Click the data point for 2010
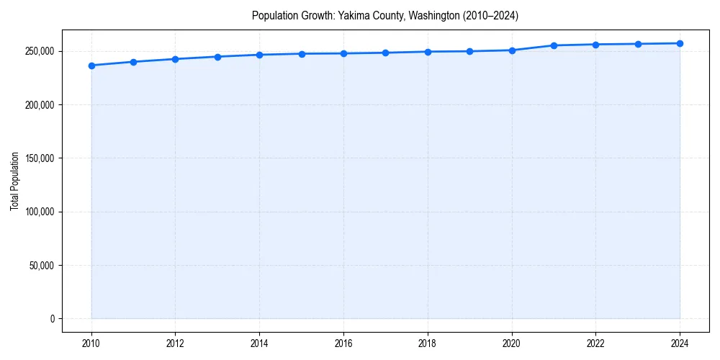pyautogui.click(x=91, y=66)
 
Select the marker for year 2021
pyautogui.click(x=554, y=45)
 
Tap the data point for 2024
pyautogui.click(x=680, y=43)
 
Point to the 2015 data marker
pyautogui.click(x=302, y=54)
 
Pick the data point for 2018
pyautogui.click(x=428, y=52)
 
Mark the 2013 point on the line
pyautogui.click(x=217, y=57)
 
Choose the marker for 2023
pyautogui.click(x=638, y=44)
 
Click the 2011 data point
pyautogui.click(x=133, y=62)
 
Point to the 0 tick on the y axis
pyautogui.click(x=53, y=319)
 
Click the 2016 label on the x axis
pyautogui.click(x=343, y=343)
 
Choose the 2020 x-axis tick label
pyautogui.click(x=512, y=343)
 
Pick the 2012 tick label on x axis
pyautogui.click(x=175, y=343)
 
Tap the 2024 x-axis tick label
pyautogui.click(x=680, y=343)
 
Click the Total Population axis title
pyautogui.click(x=14, y=181)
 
